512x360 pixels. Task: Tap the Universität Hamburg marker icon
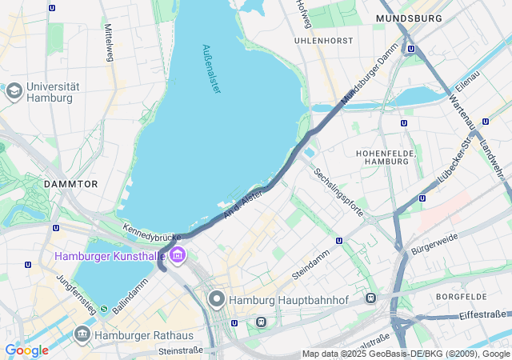pyautogui.click(x=14, y=91)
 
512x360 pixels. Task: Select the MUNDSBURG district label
pyautogui.click(x=409, y=18)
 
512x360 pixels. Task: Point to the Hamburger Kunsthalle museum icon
pyautogui.click(x=178, y=256)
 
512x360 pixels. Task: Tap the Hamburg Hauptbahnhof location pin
pyautogui.click(x=217, y=300)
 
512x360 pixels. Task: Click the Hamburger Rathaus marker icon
pyautogui.click(x=82, y=334)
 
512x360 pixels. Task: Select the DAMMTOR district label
pyautogui.click(x=71, y=184)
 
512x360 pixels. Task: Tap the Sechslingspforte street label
pyautogui.click(x=339, y=192)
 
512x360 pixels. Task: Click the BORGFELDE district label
pyautogui.click(x=462, y=297)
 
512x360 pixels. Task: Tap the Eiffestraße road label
pyautogui.click(x=482, y=315)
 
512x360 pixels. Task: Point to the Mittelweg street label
pyautogui.click(x=108, y=42)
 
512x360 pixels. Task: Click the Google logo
pyautogui.click(x=26, y=350)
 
